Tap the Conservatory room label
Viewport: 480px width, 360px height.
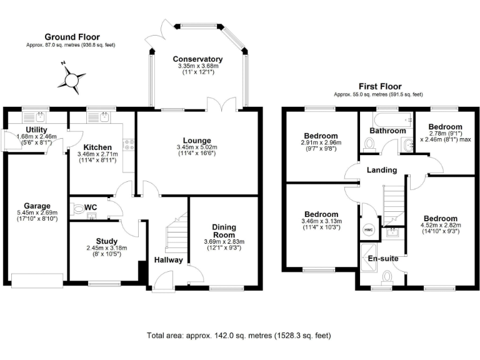(197, 59)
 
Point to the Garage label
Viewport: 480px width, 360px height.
(37, 206)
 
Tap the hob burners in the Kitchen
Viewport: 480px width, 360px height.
(129, 145)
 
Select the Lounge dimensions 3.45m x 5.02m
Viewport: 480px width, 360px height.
(197, 147)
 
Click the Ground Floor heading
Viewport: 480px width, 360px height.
(72, 37)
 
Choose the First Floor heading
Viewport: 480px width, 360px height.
(380, 86)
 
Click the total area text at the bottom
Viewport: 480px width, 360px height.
(239, 336)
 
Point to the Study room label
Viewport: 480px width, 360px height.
(106, 241)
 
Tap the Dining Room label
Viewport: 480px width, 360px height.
(224, 231)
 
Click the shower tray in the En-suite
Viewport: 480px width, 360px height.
(371, 257)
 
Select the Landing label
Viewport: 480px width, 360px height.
(382, 170)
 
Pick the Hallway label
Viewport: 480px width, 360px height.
(168, 260)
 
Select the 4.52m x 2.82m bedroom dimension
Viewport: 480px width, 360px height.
(441, 225)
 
